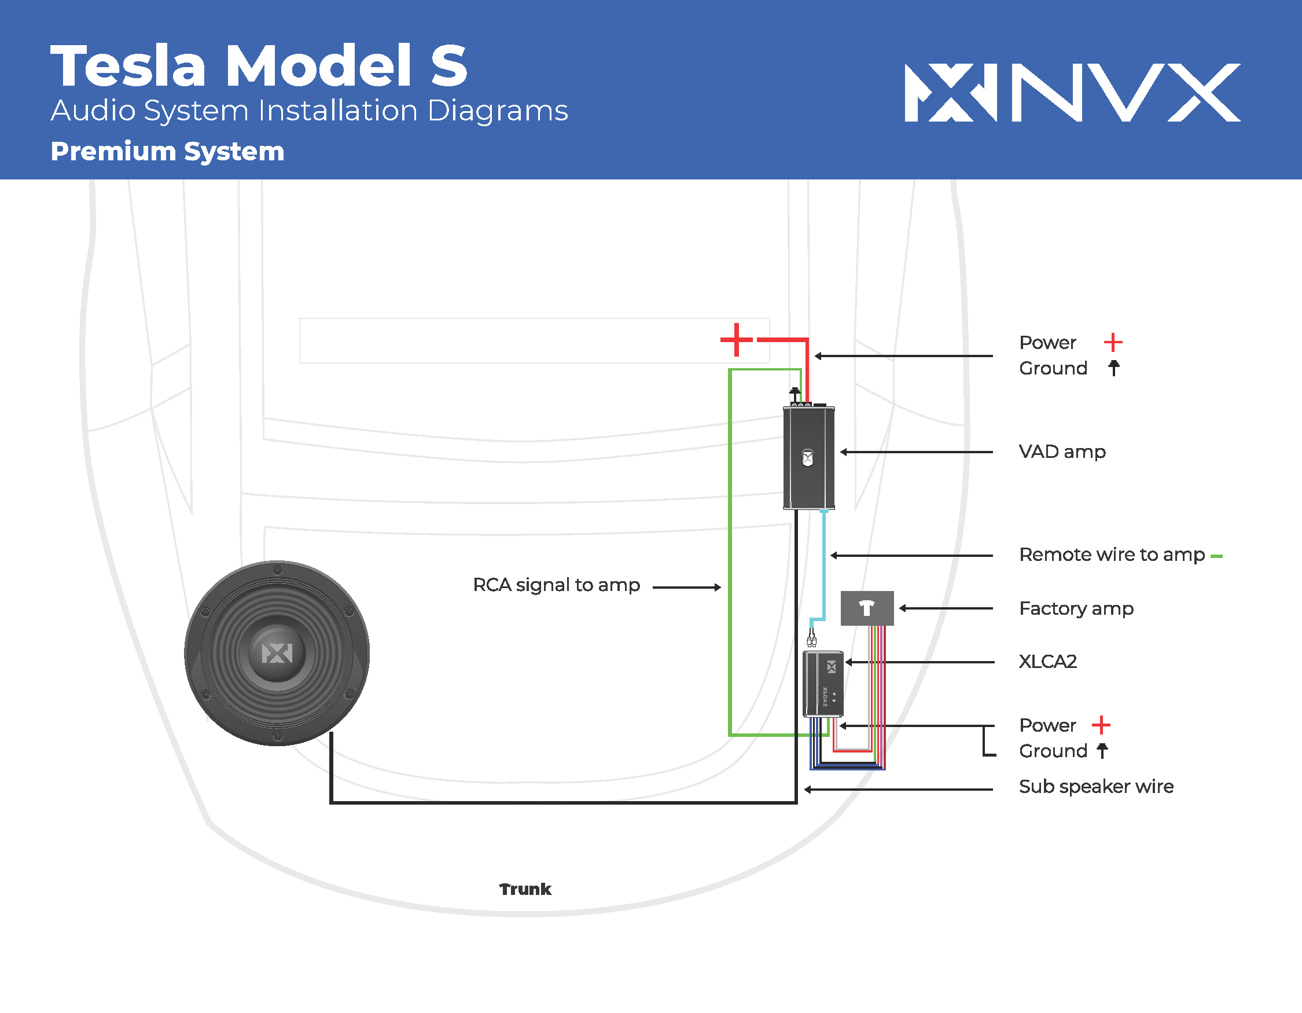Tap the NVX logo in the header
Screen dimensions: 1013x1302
pos(1072,93)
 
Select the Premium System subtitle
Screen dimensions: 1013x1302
pos(167,152)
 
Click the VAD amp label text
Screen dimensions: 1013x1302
pos(1062,452)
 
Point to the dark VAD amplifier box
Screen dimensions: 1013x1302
pos(808,458)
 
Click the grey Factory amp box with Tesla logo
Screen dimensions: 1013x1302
pos(867,608)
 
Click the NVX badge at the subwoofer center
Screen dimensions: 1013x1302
pos(277,654)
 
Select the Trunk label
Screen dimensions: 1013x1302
pos(525,889)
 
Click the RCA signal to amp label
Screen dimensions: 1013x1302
pos(556,585)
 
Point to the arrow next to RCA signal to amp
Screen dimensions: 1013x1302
pos(687,588)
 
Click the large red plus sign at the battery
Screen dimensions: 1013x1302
pos(737,340)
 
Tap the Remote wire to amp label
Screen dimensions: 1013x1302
pos(1112,555)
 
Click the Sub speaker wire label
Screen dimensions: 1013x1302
pos(1096,787)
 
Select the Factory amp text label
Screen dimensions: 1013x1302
pos(1076,609)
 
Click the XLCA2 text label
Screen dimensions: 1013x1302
pos(1047,662)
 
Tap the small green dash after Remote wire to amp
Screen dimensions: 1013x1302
pos(1217,556)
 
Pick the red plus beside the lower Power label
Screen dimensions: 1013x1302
pos(1101,725)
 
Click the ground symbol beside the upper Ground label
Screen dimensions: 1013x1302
pos(1113,368)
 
